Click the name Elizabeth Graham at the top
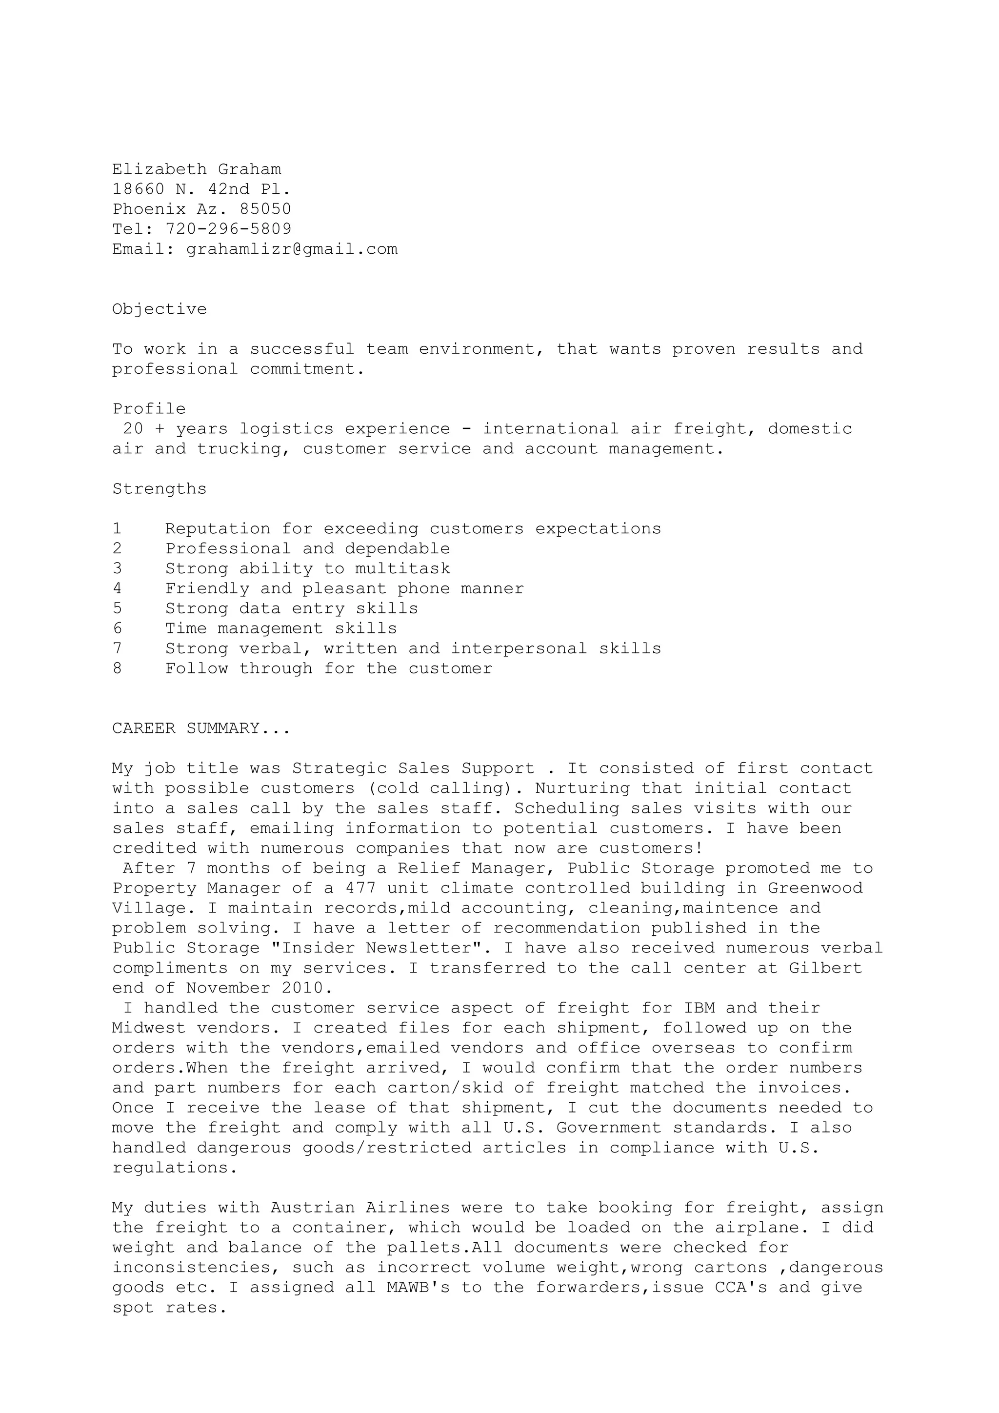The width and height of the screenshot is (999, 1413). (x=196, y=169)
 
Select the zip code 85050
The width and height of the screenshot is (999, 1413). (x=265, y=209)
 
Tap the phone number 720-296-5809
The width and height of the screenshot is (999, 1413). (x=228, y=229)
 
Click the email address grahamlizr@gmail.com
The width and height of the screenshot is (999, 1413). (x=292, y=249)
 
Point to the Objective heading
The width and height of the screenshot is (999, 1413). (x=160, y=309)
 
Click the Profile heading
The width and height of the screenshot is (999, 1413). (x=149, y=409)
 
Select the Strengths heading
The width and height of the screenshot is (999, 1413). (x=160, y=488)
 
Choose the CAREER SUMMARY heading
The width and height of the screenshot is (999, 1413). (x=200, y=728)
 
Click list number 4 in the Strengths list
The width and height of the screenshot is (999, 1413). (x=117, y=588)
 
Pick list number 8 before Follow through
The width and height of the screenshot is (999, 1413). (x=117, y=668)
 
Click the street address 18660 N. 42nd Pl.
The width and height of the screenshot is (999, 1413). (x=201, y=189)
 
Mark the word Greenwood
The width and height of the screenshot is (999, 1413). (x=815, y=888)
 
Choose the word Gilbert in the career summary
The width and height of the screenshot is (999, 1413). (x=825, y=968)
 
